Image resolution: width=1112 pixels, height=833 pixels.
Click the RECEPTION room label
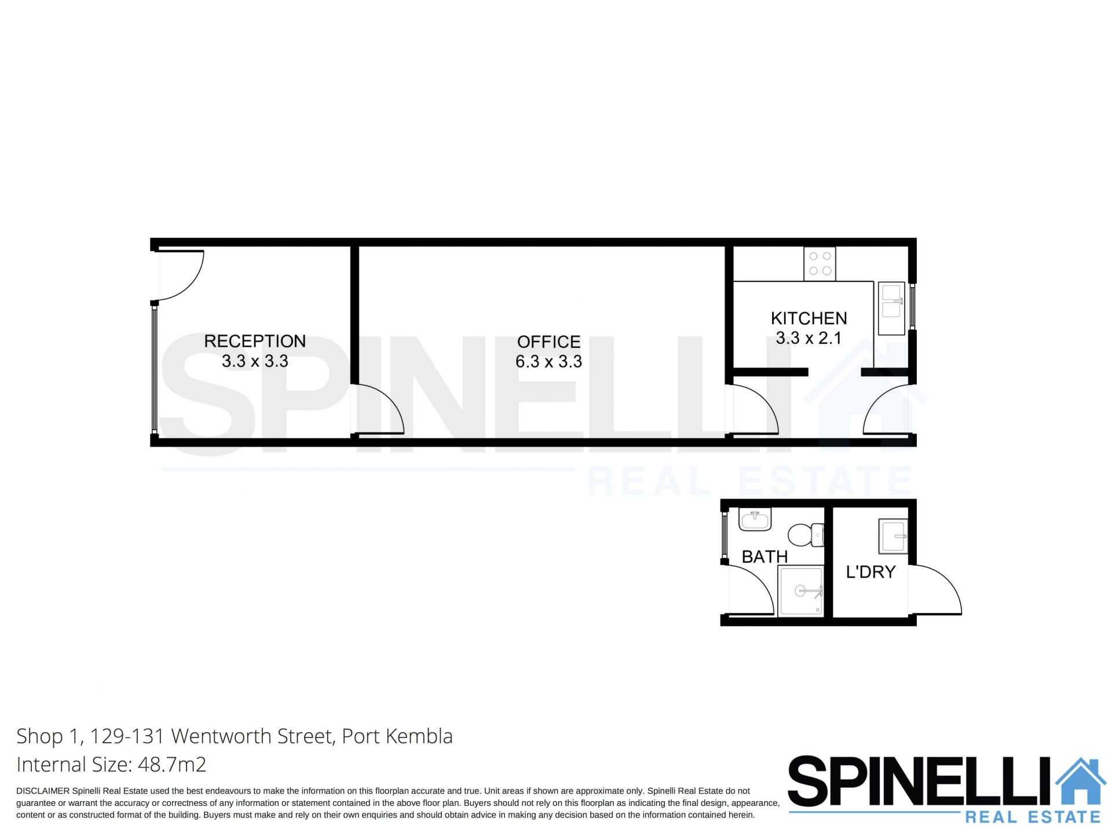[x=255, y=341]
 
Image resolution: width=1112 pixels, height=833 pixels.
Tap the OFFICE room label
[x=548, y=342]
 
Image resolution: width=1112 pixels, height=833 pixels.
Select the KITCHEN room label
[x=809, y=318]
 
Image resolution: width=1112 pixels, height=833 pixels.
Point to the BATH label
[x=765, y=557]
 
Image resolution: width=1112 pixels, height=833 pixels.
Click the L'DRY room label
[x=870, y=572]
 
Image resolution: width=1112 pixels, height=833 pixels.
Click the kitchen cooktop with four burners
[x=820, y=264]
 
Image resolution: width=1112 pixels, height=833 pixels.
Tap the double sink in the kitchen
[x=891, y=309]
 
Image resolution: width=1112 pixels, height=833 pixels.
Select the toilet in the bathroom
[x=806, y=535]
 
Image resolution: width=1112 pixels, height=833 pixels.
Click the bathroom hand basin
[x=755, y=519]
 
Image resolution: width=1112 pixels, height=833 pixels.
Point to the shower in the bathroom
[x=801, y=591]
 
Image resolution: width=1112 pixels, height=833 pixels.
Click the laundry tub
[x=893, y=537]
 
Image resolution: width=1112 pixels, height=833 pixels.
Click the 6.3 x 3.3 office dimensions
[x=548, y=362]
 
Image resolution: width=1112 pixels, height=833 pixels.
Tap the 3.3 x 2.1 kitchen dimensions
[x=809, y=338]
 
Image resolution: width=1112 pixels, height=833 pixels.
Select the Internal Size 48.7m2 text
[x=111, y=765]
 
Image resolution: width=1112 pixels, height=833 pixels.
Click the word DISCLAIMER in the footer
[x=43, y=791]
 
